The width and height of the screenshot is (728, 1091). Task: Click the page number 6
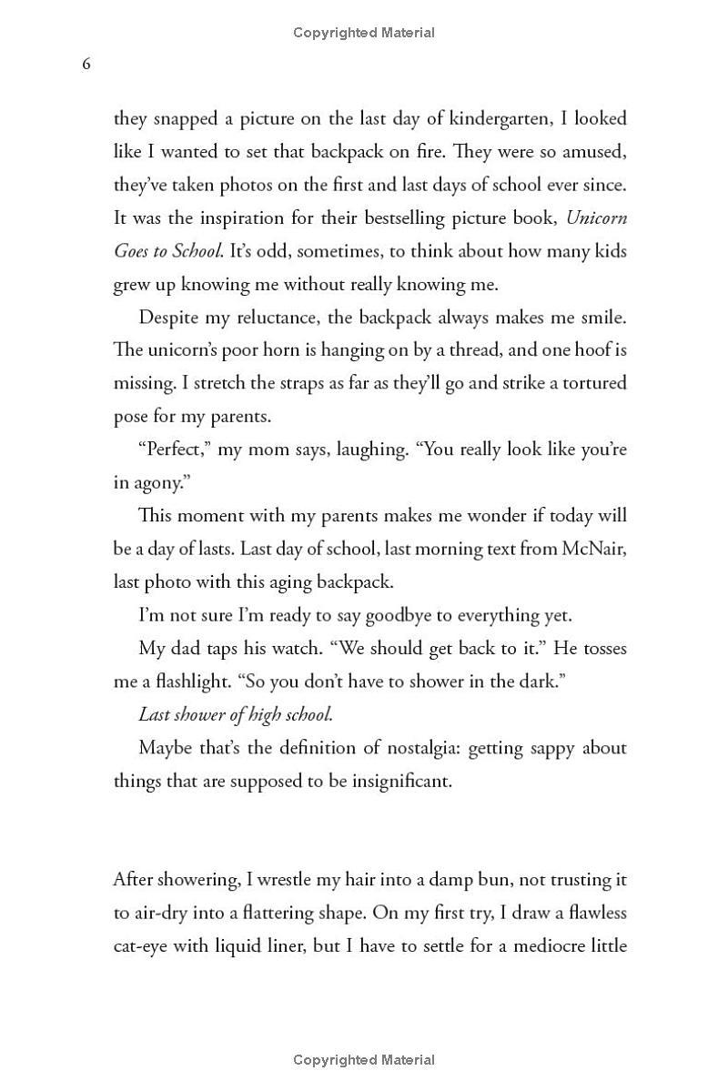tap(86, 64)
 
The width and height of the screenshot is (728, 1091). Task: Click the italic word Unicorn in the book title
tap(596, 218)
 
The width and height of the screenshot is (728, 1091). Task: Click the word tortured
tap(589, 382)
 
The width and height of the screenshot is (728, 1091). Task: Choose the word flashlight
tap(207, 682)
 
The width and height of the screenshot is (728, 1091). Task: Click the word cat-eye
tap(144, 946)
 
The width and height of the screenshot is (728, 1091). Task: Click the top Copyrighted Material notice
tap(364, 33)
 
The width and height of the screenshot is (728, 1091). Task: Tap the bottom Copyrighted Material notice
tap(364, 1059)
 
